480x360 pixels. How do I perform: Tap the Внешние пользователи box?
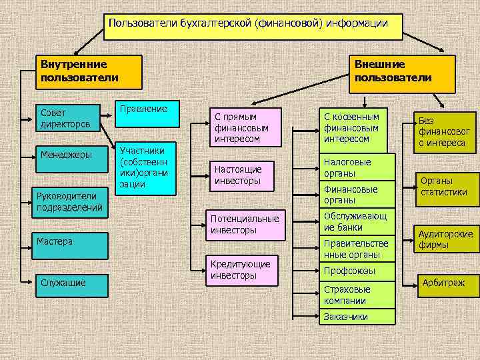tap(402, 73)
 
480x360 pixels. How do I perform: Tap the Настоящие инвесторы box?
tap(244, 175)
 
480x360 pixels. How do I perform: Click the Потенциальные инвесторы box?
tap(244, 225)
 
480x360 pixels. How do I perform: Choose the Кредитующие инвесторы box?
tap(244, 269)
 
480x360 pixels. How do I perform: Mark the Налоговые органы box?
tap(357, 167)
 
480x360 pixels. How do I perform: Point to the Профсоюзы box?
tap(357, 271)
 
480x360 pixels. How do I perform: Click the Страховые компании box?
tap(357, 295)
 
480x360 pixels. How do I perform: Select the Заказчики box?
tap(357, 317)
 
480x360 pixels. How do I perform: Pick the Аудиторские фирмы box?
tap(445, 239)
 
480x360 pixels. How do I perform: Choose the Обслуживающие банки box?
tap(357, 221)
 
